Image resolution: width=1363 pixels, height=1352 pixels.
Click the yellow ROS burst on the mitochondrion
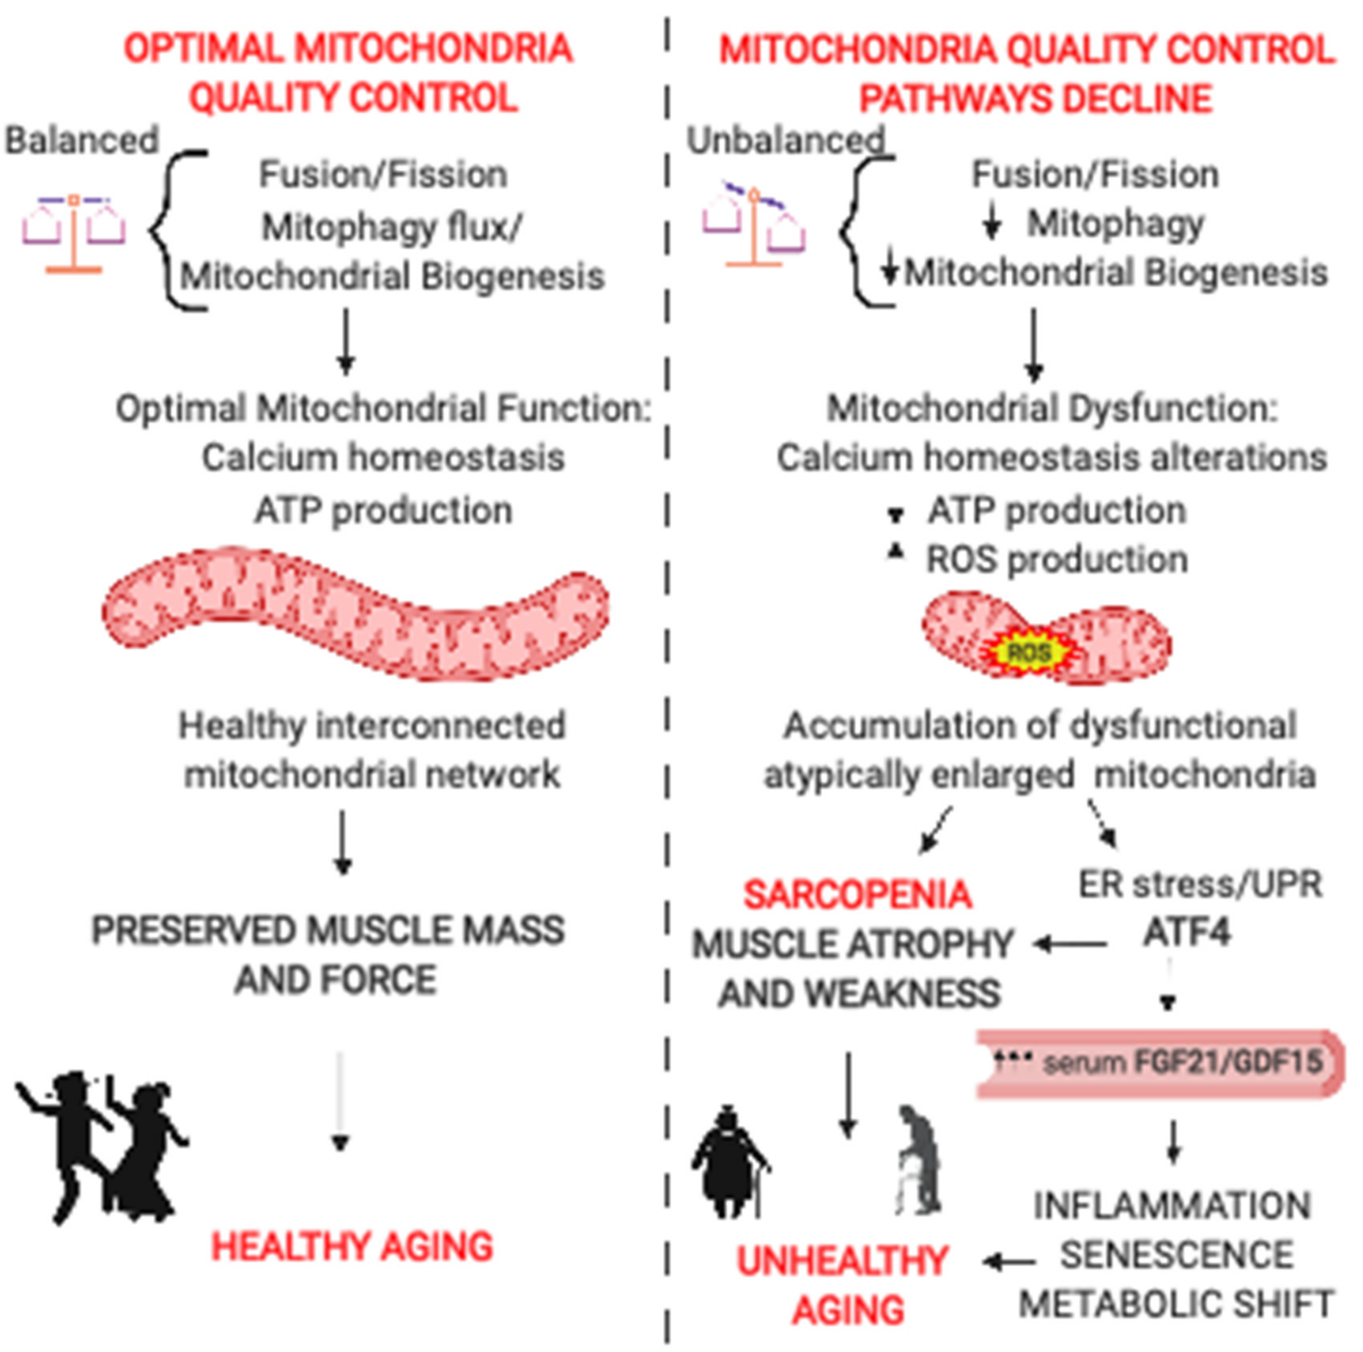(x=1029, y=652)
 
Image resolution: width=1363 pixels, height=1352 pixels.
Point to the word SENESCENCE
(x=1177, y=1255)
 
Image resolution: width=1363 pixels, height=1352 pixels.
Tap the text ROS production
(x=1057, y=560)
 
